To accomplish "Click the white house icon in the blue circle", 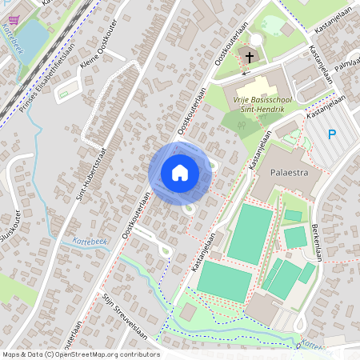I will tap(180, 172).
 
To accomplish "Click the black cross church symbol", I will tap(249, 57).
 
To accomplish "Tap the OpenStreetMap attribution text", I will tap(81, 354).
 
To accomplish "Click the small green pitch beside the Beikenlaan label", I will tap(295, 237).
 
